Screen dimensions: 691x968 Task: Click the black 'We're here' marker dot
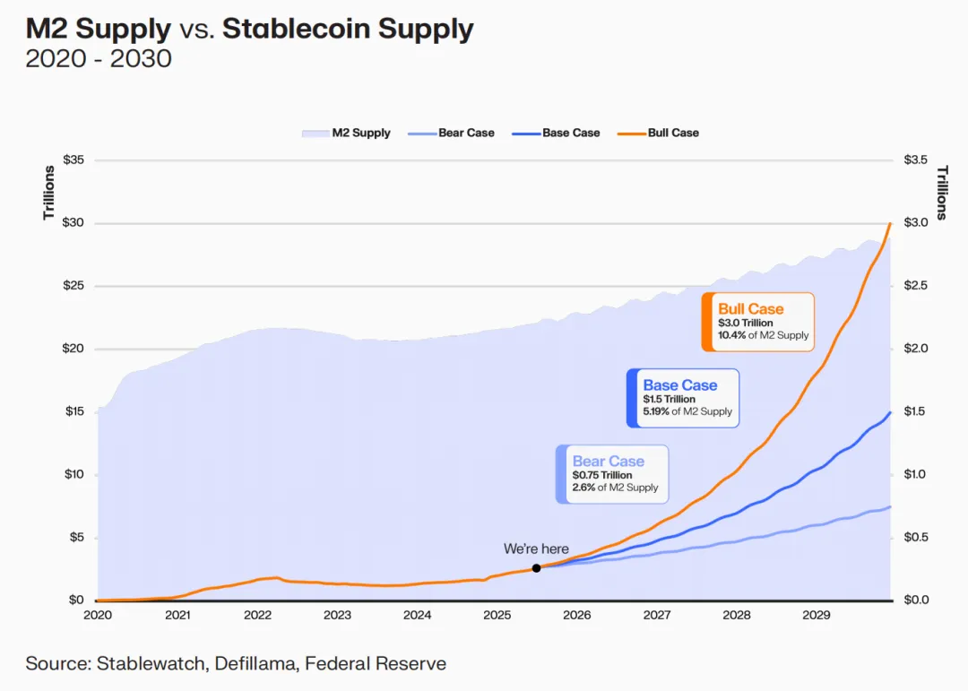pos(536,568)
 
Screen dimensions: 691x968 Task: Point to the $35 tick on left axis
pos(73,160)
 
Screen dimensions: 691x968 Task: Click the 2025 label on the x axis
pos(497,615)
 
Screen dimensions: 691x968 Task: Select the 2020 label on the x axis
pos(97,615)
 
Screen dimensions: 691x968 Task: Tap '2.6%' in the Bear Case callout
pos(587,488)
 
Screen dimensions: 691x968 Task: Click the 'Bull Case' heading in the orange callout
pos(751,309)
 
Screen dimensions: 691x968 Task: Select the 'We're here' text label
pos(536,548)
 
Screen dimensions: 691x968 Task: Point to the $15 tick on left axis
pos(73,411)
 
